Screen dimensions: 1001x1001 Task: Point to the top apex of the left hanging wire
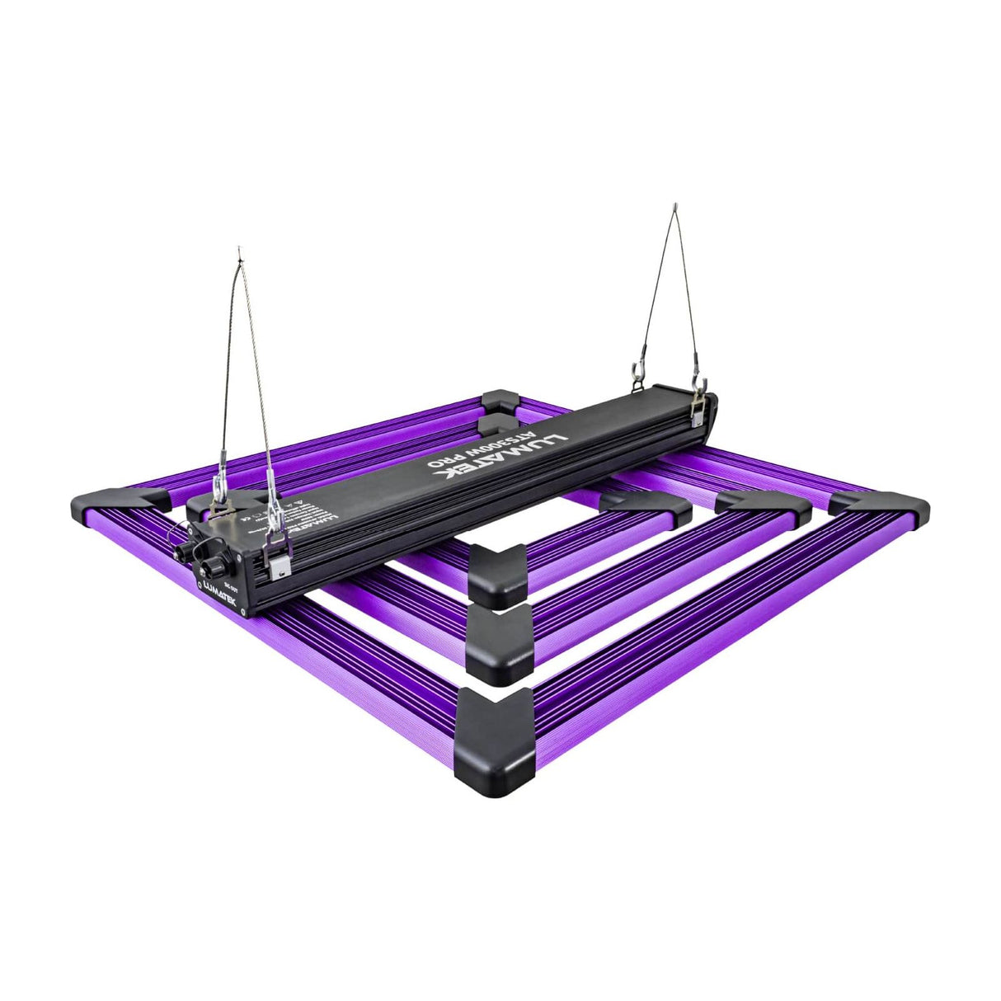pos(239,248)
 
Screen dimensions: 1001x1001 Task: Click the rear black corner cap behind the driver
pos(500,402)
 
